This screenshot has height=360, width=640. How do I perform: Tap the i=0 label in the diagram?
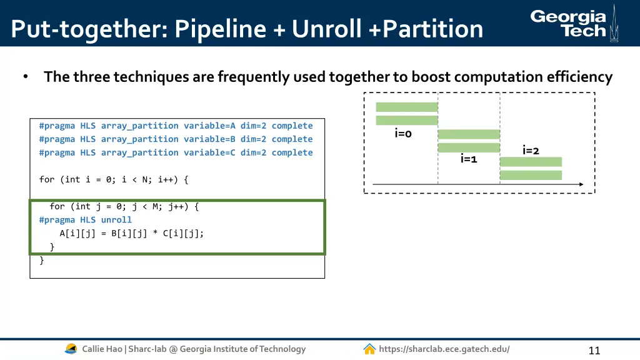click(x=403, y=133)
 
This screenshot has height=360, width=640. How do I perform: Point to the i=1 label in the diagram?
click(x=469, y=159)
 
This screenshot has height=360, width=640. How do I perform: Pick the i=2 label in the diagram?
click(x=531, y=150)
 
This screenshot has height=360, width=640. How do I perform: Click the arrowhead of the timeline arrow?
click(x=581, y=184)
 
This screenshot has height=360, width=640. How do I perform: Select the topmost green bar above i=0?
click(x=406, y=107)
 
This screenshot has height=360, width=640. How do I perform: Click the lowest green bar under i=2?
click(x=531, y=175)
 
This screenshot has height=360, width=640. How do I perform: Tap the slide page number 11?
click(x=594, y=351)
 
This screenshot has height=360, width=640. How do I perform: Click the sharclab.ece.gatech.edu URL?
click(x=444, y=349)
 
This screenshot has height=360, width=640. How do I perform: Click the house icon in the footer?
click(x=369, y=349)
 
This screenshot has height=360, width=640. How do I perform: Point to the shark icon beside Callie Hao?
click(x=71, y=349)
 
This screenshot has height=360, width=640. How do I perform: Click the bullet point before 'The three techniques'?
click(x=26, y=77)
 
